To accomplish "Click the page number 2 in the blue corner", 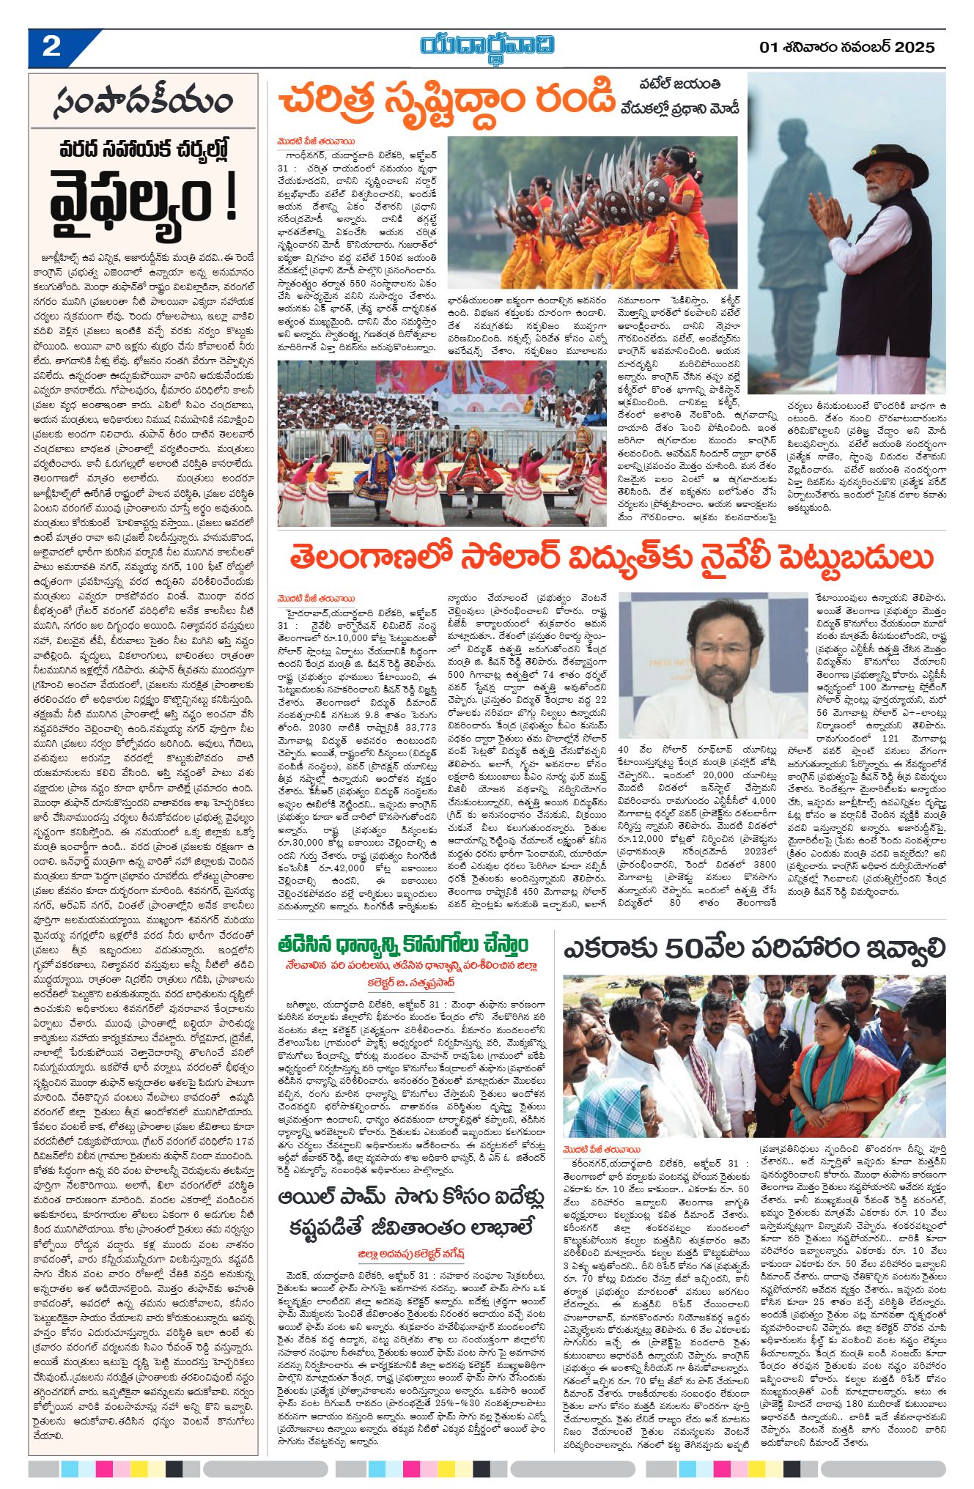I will click(x=51, y=47).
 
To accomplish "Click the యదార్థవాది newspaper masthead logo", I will click(x=487, y=45).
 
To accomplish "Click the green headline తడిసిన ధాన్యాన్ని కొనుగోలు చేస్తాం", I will click(x=402, y=943).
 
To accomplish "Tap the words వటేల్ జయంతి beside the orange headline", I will click(x=679, y=84).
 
